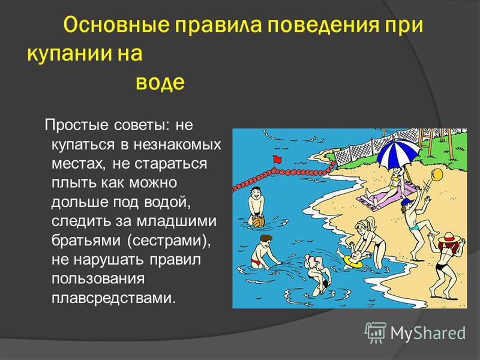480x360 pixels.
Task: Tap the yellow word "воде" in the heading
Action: tap(160, 82)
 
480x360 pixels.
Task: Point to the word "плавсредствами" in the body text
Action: tap(114, 298)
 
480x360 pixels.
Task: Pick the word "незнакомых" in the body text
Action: tap(177, 145)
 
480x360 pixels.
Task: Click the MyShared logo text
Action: tap(428, 333)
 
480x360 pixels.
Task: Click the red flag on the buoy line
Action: tap(277, 160)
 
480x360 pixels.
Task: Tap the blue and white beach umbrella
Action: tap(398, 153)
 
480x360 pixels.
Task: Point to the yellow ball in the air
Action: tap(437, 175)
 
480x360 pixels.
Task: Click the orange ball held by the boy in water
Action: tap(259, 222)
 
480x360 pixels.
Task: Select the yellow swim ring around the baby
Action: tap(353, 262)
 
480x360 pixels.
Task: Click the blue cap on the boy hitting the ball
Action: tap(407, 203)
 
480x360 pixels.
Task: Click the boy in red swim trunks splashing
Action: tap(262, 251)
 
